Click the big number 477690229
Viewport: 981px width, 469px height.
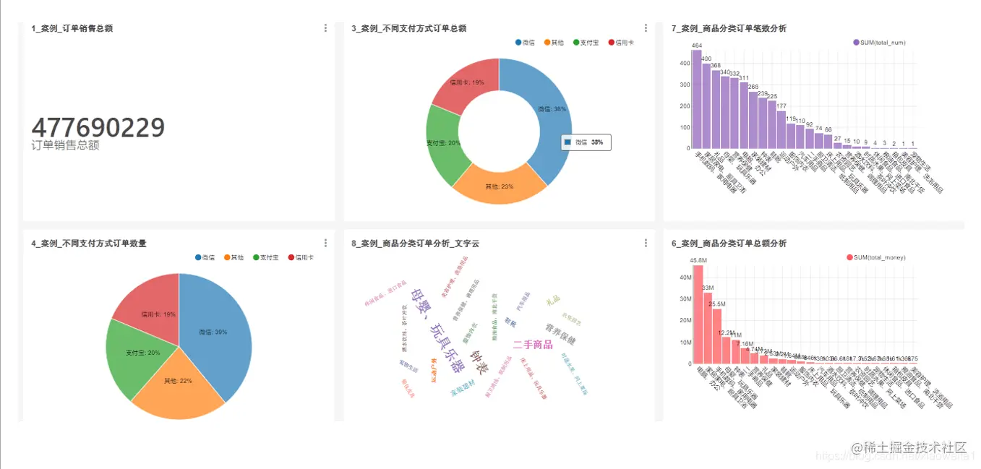point(98,127)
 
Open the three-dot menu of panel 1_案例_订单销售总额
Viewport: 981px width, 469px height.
point(325,28)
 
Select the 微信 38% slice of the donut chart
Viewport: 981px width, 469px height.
point(549,108)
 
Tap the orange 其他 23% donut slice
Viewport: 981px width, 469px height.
point(500,186)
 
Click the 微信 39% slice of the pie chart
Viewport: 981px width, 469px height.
point(213,332)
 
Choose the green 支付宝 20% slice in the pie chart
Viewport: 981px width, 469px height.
point(134,353)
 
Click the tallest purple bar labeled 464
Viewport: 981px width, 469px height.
point(696,98)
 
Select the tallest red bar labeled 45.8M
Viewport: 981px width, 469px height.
point(698,314)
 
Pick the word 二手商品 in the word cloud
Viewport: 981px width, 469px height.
point(533,344)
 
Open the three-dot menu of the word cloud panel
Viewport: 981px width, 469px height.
point(646,244)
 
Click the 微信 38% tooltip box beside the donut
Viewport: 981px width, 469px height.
point(586,142)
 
